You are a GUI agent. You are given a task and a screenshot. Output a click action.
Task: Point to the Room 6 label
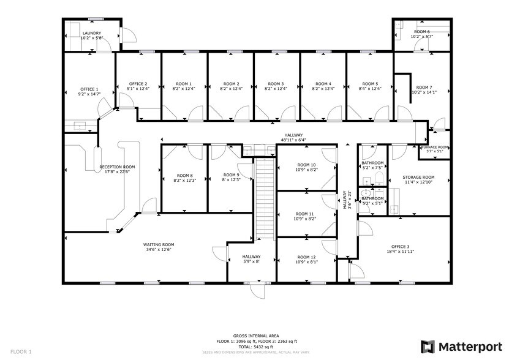(421, 31)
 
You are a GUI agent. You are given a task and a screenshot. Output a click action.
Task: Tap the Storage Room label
(418, 177)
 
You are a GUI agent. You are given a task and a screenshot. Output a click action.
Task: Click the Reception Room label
(118, 167)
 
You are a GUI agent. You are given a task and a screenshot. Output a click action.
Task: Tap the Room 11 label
(306, 213)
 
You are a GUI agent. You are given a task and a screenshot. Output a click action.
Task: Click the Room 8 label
(184, 175)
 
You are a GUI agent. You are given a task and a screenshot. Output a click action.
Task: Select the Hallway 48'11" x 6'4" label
(293, 135)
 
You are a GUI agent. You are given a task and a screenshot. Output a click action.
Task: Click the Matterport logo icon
(428, 346)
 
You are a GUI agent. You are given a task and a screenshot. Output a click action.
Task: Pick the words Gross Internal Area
(257, 336)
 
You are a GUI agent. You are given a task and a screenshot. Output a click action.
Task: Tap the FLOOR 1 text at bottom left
(21, 351)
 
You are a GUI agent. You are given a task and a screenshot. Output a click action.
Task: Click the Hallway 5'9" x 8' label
(251, 257)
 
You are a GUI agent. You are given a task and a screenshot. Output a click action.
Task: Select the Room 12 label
(306, 257)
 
